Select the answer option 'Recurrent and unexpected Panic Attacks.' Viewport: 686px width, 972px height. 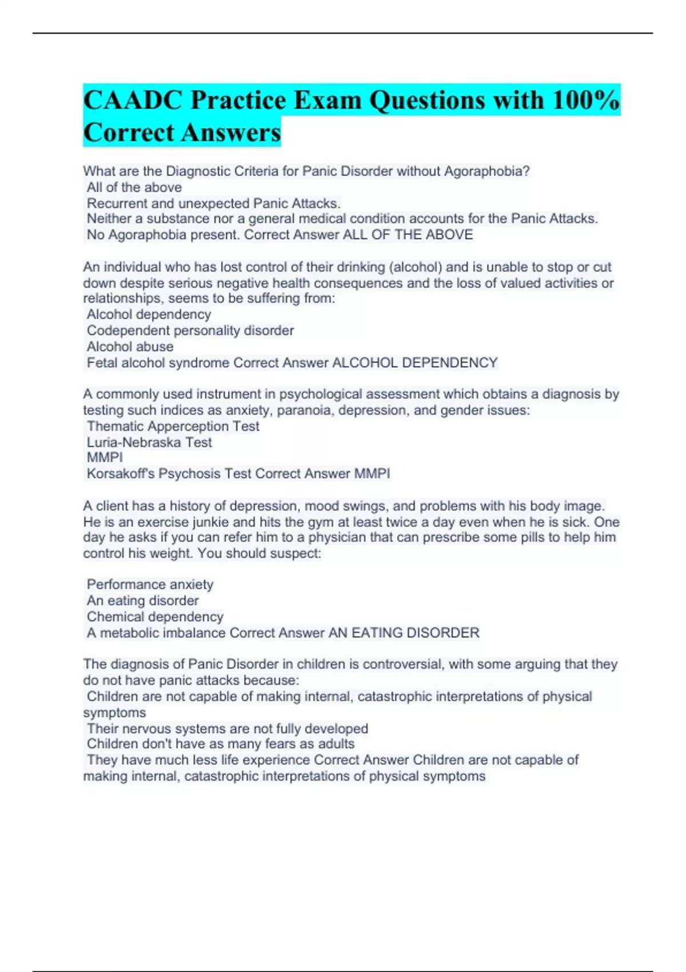[x=213, y=204]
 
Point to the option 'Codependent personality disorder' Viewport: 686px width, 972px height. [x=190, y=330]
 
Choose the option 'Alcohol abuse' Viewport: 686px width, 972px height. [x=130, y=346]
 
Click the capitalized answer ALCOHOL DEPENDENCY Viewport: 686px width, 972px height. [x=414, y=362]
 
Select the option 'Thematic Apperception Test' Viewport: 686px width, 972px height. [x=173, y=426]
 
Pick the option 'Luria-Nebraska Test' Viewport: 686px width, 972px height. [x=149, y=442]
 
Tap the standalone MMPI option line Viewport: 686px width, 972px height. [x=105, y=457]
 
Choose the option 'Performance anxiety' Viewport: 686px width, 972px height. [x=150, y=584]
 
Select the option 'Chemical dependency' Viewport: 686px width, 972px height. [x=155, y=616]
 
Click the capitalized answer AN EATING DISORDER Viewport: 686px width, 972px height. [x=404, y=633]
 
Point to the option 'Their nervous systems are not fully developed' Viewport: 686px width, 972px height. [x=227, y=728]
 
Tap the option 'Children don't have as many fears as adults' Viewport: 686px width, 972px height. [x=221, y=744]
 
